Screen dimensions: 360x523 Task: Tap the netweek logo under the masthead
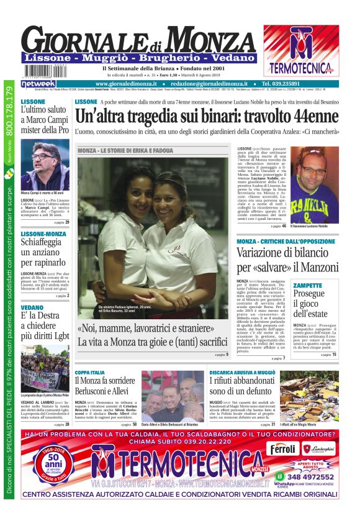click(x=38, y=83)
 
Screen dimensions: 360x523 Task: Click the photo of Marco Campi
click(x=45, y=164)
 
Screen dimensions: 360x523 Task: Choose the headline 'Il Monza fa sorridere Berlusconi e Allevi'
click(x=105, y=385)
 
